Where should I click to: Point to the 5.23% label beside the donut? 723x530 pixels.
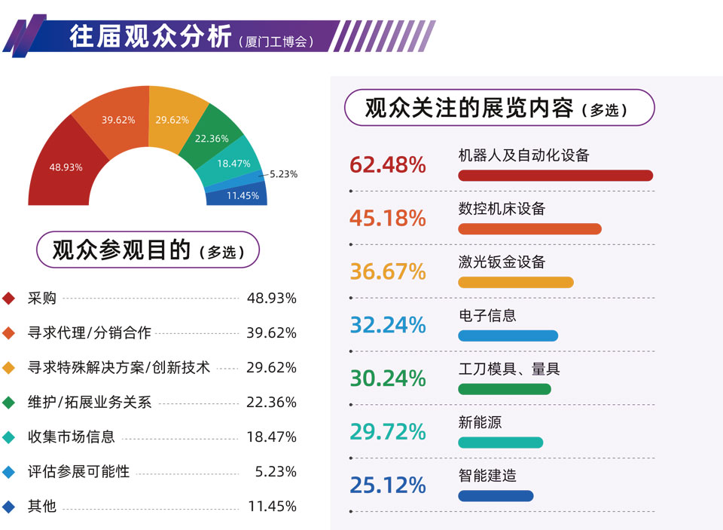[x=283, y=174]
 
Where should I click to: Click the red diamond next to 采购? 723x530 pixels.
[x=10, y=299]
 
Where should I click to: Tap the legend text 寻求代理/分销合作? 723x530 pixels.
[x=89, y=332]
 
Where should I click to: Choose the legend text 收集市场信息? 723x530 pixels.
[x=71, y=437]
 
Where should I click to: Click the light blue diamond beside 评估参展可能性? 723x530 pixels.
[x=10, y=472]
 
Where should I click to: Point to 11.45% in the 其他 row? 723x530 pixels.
[x=272, y=507]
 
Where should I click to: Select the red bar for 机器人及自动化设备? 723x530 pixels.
[x=555, y=176]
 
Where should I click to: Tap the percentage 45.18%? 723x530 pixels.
[x=388, y=218]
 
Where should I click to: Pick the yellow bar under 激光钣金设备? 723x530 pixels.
[x=515, y=283]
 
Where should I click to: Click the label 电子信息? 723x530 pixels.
[x=487, y=315]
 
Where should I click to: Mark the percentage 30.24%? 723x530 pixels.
[x=388, y=378]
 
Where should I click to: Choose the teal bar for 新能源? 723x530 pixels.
[x=500, y=443]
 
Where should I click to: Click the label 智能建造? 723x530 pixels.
[x=487, y=476]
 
